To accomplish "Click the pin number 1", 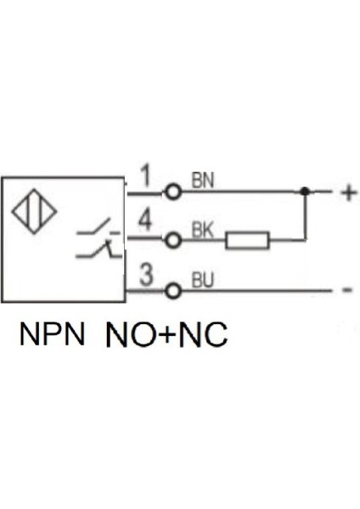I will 145,177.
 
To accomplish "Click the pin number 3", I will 145,276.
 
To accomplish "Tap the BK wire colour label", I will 202,229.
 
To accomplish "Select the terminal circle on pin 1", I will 173,192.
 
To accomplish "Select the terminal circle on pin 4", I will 173,241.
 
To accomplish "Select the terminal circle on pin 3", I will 173,290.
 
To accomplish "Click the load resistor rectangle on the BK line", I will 247,241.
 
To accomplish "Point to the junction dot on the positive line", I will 304,192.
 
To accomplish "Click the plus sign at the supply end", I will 347,193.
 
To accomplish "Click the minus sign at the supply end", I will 347,291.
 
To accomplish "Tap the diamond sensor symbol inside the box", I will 35,214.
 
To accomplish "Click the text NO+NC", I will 166,336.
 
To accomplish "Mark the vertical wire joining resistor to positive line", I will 304,217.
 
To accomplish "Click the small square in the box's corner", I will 125,181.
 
